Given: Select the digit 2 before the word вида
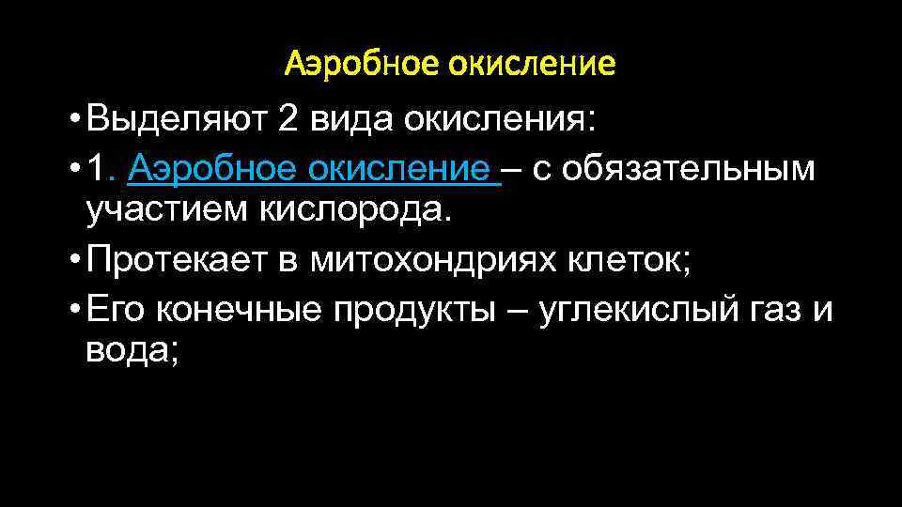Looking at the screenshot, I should click(288, 120).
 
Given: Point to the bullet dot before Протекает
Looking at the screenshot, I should click(73, 260).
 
